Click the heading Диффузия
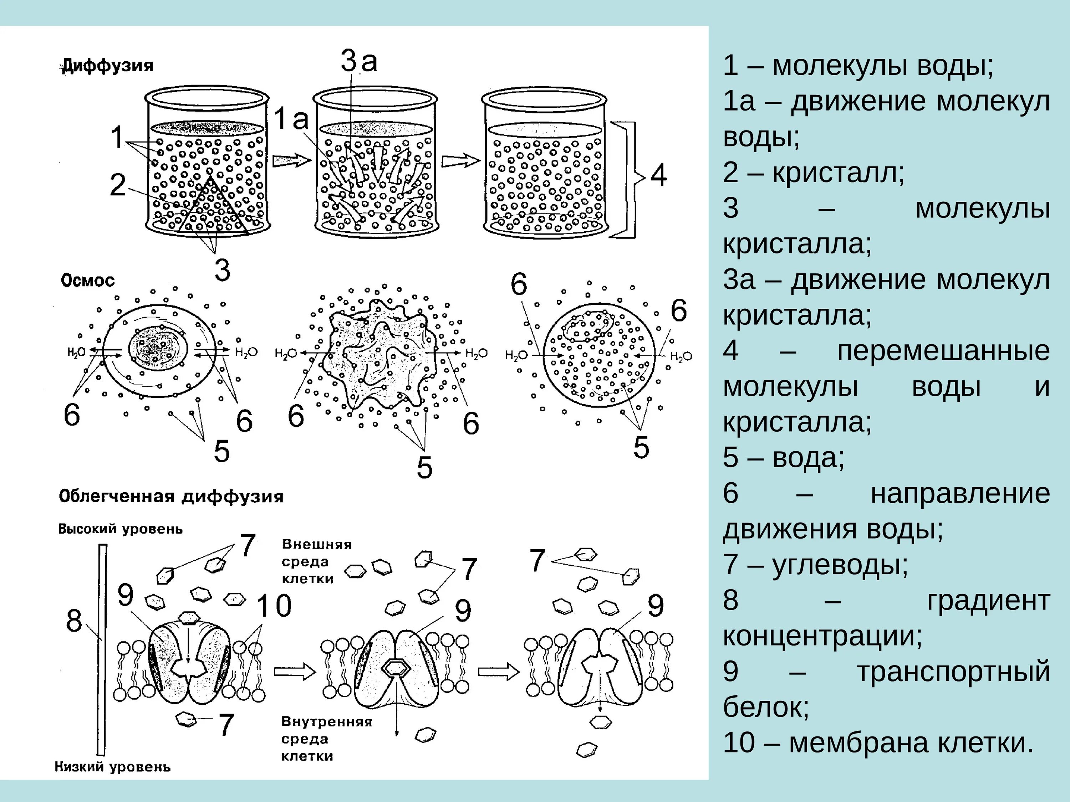pos(107,65)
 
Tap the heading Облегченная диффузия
pos(171,497)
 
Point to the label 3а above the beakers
pos(358,61)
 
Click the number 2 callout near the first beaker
pos(118,185)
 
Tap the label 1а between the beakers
pos(291,119)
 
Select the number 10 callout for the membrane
pos(274,605)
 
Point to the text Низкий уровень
pos(112,767)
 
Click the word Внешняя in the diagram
pos(316,544)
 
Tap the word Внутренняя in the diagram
pos(326,722)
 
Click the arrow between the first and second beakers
pos(291,160)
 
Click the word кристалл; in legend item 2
pos(838,172)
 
